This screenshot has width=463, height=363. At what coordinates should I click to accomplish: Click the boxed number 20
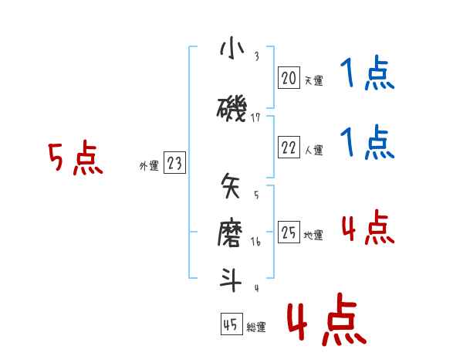click(x=289, y=78)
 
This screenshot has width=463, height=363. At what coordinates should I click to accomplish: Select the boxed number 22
click(x=289, y=148)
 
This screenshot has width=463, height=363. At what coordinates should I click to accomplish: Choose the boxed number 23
click(x=174, y=163)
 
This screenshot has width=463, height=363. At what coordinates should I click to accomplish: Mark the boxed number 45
click(x=231, y=324)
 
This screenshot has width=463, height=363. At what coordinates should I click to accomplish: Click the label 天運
click(x=313, y=80)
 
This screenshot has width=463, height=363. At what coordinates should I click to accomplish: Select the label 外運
click(x=148, y=165)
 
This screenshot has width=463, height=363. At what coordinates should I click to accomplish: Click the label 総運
click(x=256, y=327)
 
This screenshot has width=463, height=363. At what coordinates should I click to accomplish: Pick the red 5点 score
click(x=75, y=158)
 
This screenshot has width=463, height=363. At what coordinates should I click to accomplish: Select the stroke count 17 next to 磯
click(x=256, y=118)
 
